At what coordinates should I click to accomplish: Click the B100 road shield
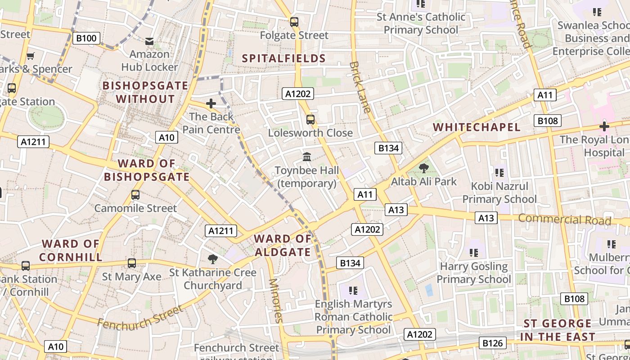tap(86, 38)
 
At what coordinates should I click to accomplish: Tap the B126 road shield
tap(492, 343)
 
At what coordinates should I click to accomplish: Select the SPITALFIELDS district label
tap(283, 58)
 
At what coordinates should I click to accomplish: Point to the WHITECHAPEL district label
tap(477, 127)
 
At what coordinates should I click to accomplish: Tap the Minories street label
tap(275, 300)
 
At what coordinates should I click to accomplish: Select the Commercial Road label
tap(564, 220)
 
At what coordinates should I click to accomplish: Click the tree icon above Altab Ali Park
tap(423, 168)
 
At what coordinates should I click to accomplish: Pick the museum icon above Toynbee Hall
tap(307, 157)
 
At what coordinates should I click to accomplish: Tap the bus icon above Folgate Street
tap(294, 22)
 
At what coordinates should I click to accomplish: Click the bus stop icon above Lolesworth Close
tap(310, 119)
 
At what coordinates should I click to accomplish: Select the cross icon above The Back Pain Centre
tap(211, 104)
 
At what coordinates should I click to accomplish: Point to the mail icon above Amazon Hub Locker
tap(149, 41)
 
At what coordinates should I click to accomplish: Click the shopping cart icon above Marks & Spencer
tap(30, 56)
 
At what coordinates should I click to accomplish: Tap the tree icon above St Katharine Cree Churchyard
tap(213, 259)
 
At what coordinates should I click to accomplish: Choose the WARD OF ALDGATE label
tap(283, 245)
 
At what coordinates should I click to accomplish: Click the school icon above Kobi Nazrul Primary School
tap(499, 172)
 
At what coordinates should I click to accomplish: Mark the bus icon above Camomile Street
tap(135, 195)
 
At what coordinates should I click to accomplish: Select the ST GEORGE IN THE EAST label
tap(558, 330)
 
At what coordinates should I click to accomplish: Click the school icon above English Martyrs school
tap(353, 290)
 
